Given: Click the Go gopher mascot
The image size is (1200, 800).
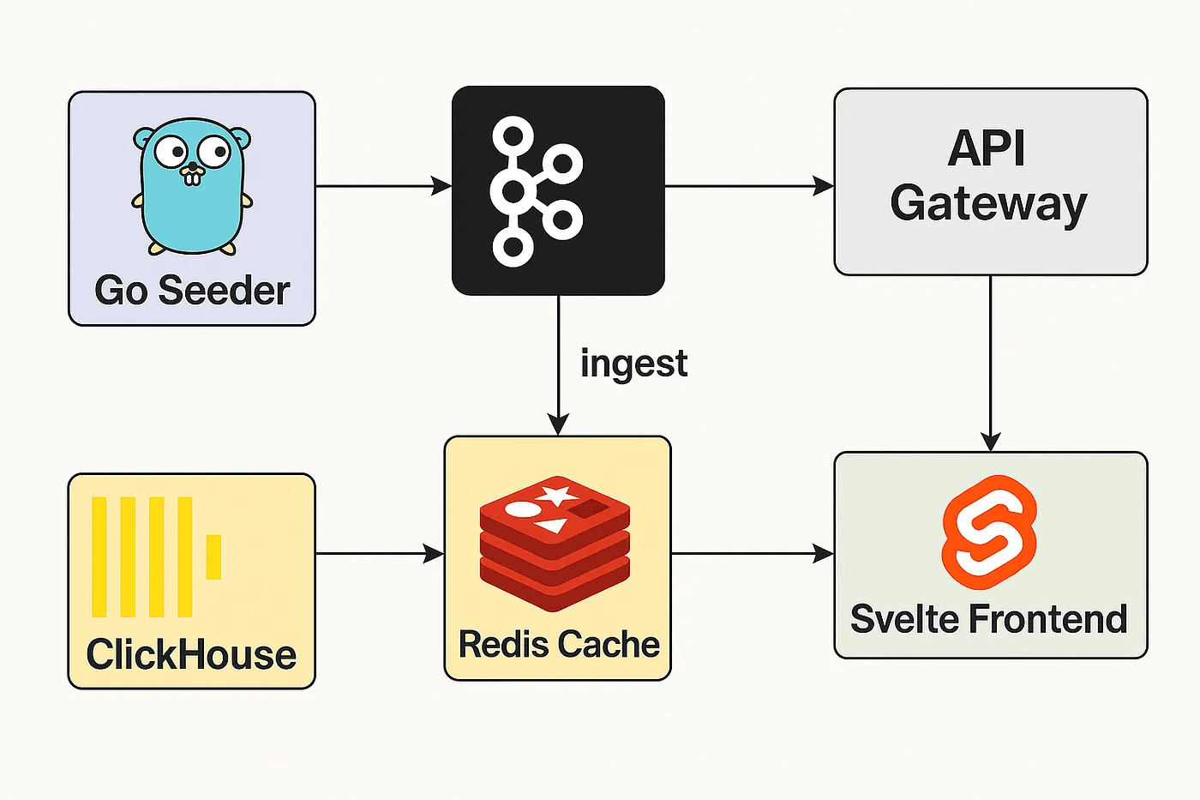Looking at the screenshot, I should tap(192, 187).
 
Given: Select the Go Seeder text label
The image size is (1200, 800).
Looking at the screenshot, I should tap(192, 291).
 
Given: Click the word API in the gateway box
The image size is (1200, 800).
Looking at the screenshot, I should tap(987, 148).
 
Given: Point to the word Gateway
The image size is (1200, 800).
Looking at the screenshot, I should tap(988, 204).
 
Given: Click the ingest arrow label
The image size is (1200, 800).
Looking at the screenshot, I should tap(633, 364).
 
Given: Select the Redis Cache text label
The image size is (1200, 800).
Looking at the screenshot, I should tap(559, 644).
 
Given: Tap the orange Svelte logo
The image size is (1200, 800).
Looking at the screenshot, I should tap(989, 532).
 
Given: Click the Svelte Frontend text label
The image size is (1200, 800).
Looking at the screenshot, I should tap(988, 619).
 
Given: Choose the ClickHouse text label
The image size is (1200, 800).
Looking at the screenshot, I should tap(191, 654).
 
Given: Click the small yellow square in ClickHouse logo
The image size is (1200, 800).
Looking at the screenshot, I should tap(213, 556).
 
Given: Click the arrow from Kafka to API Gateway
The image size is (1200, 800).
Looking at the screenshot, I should tap(748, 185).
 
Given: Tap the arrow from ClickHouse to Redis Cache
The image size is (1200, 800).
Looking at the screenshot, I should tap(379, 554).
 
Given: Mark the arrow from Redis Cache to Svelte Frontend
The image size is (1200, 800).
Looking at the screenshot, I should tap(752, 554).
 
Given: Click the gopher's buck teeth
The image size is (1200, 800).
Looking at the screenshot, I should tap(193, 177).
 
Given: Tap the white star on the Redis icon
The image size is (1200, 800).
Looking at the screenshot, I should tap(557, 495).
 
